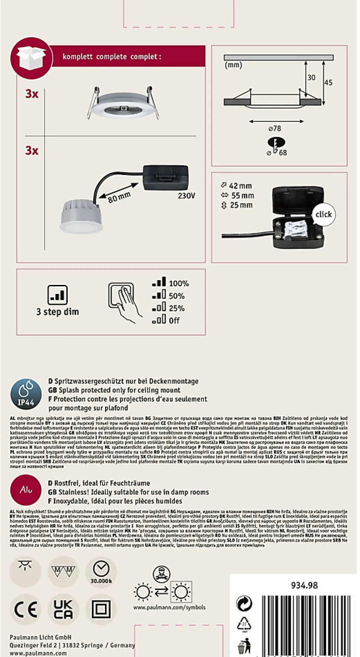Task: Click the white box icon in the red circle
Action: click(31, 58)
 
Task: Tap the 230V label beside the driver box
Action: click(186, 196)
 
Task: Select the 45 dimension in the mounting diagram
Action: click(328, 82)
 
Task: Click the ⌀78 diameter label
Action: click(275, 129)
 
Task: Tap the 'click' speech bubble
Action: click(323, 214)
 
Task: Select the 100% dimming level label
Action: click(179, 284)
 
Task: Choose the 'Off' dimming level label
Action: click(174, 321)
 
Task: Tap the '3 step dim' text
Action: click(58, 312)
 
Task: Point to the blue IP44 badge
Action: click(26, 394)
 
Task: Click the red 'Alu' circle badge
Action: click(26, 490)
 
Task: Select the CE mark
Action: click(26, 610)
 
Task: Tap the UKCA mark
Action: click(63, 609)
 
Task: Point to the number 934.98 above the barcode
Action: click(304, 586)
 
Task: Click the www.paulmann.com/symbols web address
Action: click(169, 608)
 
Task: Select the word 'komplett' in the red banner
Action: click(77, 57)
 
